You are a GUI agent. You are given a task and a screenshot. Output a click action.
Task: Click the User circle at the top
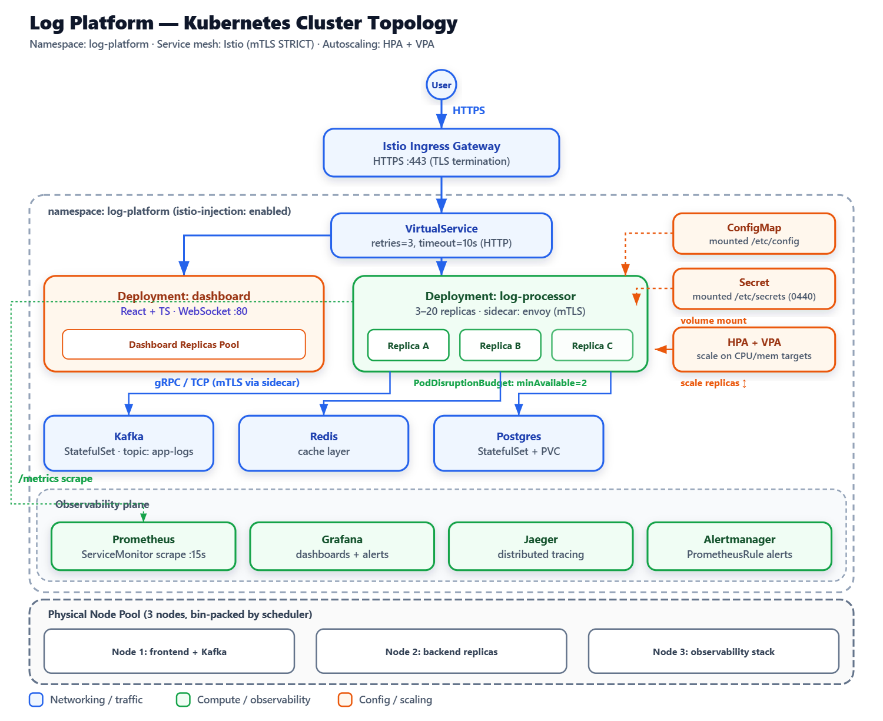[x=441, y=85]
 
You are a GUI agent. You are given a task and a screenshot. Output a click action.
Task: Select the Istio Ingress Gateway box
[x=441, y=153]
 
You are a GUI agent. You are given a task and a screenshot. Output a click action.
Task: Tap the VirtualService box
[x=441, y=235]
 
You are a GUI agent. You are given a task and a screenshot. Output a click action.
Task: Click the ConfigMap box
[x=753, y=234]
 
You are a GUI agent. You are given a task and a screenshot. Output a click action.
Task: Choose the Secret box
[x=753, y=289]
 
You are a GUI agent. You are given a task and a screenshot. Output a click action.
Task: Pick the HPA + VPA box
[x=753, y=349]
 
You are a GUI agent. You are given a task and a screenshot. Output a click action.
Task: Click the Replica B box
[x=500, y=345]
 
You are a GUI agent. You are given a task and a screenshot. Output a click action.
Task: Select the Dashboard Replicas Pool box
[x=184, y=344]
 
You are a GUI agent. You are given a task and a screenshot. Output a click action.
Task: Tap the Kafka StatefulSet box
[x=128, y=443]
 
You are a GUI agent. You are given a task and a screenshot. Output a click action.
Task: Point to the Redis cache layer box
[x=324, y=443]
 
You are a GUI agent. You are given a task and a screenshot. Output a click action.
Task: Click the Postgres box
[x=519, y=443]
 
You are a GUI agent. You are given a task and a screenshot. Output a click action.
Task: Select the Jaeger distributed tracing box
[x=540, y=546]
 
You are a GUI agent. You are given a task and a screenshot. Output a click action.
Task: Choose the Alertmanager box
[x=739, y=546]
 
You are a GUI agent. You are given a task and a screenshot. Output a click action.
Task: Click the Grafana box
[x=342, y=546]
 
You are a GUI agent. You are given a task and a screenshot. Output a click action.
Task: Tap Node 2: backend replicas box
[x=441, y=651]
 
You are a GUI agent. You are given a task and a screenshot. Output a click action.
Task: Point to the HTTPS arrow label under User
[x=469, y=111]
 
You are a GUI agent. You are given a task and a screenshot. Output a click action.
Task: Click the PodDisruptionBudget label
[x=500, y=383]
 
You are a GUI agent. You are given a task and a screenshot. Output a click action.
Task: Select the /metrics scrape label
[x=55, y=479]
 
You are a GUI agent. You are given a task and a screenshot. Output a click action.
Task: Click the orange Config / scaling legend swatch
[x=344, y=700]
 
